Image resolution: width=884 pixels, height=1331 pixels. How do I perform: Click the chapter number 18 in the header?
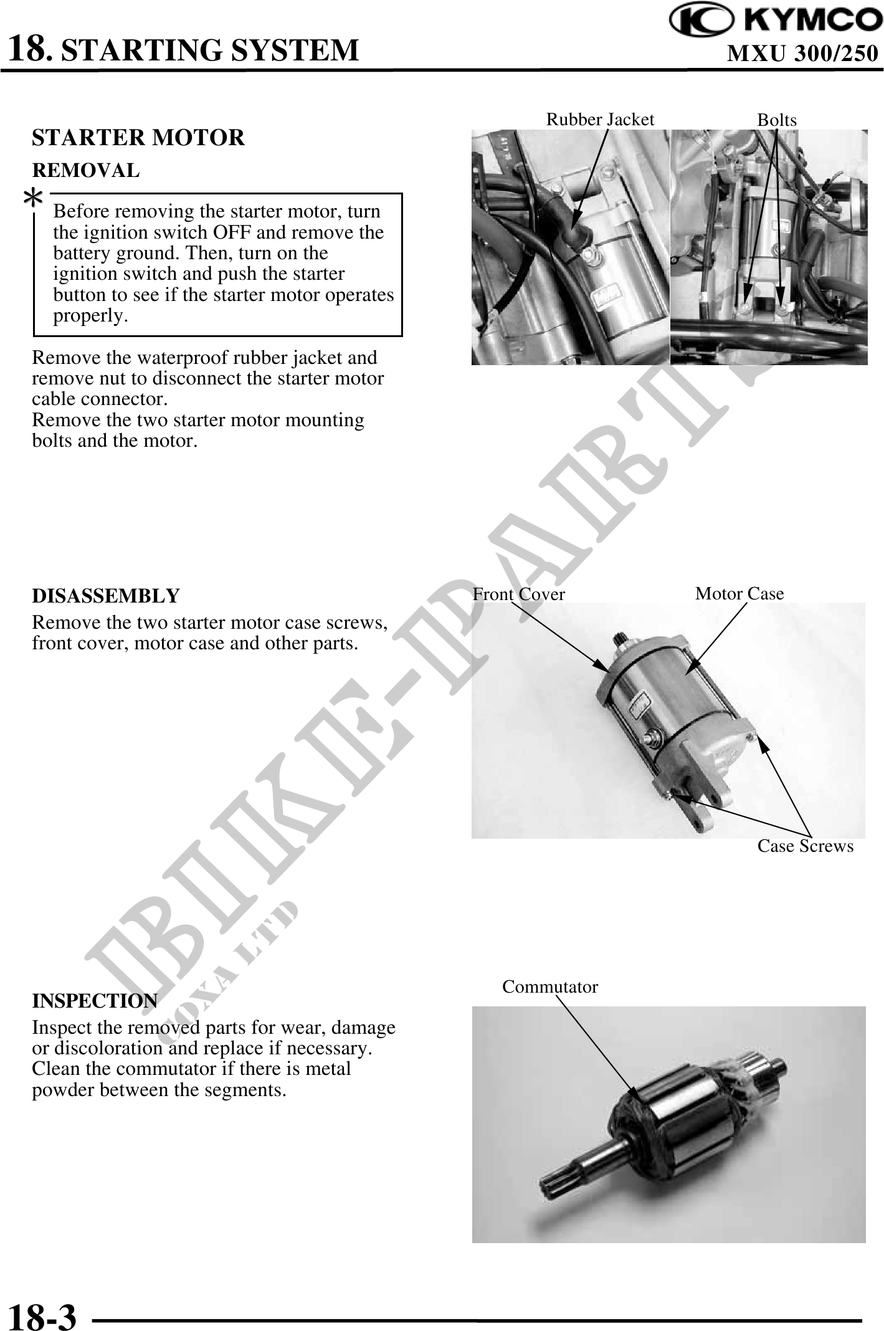tap(28, 49)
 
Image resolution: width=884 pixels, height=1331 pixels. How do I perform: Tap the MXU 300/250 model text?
tap(802, 54)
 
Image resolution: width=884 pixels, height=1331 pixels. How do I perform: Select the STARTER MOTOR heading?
tap(138, 137)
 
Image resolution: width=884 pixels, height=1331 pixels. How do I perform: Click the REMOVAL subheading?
tap(86, 169)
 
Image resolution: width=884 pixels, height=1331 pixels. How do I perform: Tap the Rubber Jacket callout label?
tap(600, 120)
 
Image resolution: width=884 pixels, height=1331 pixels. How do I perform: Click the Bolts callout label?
tap(776, 120)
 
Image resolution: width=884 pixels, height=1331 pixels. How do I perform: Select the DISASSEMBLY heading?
tap(105, 596)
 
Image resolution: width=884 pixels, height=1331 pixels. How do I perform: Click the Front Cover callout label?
tap(518, 594)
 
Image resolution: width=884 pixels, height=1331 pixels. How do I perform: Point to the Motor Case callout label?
tap(739, 593)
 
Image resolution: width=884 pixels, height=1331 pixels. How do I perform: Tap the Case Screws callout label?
tap(805, 846)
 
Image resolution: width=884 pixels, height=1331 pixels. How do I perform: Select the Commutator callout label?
tap(549, 986)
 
